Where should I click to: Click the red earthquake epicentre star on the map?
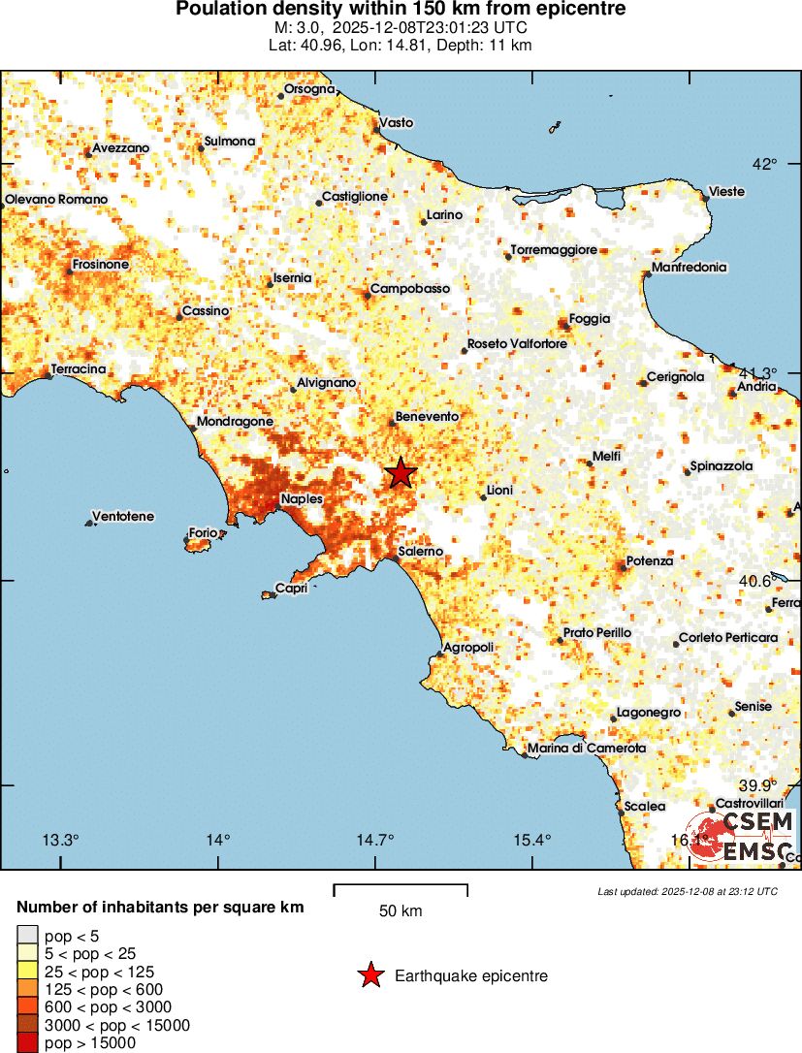[401, 473]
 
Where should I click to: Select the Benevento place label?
[427, 416]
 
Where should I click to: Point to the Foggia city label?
[591, 318]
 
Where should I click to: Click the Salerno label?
[422, 551]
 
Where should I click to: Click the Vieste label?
[727, 192]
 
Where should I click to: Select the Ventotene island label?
[122, 517]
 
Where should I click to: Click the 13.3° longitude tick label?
[60, 840]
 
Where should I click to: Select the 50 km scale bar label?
[401, 911]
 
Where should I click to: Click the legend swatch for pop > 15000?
[27, 1043]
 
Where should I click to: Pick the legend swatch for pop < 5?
[27, 937]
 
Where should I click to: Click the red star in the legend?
[370, 975]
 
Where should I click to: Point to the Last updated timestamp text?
[688, 891]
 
